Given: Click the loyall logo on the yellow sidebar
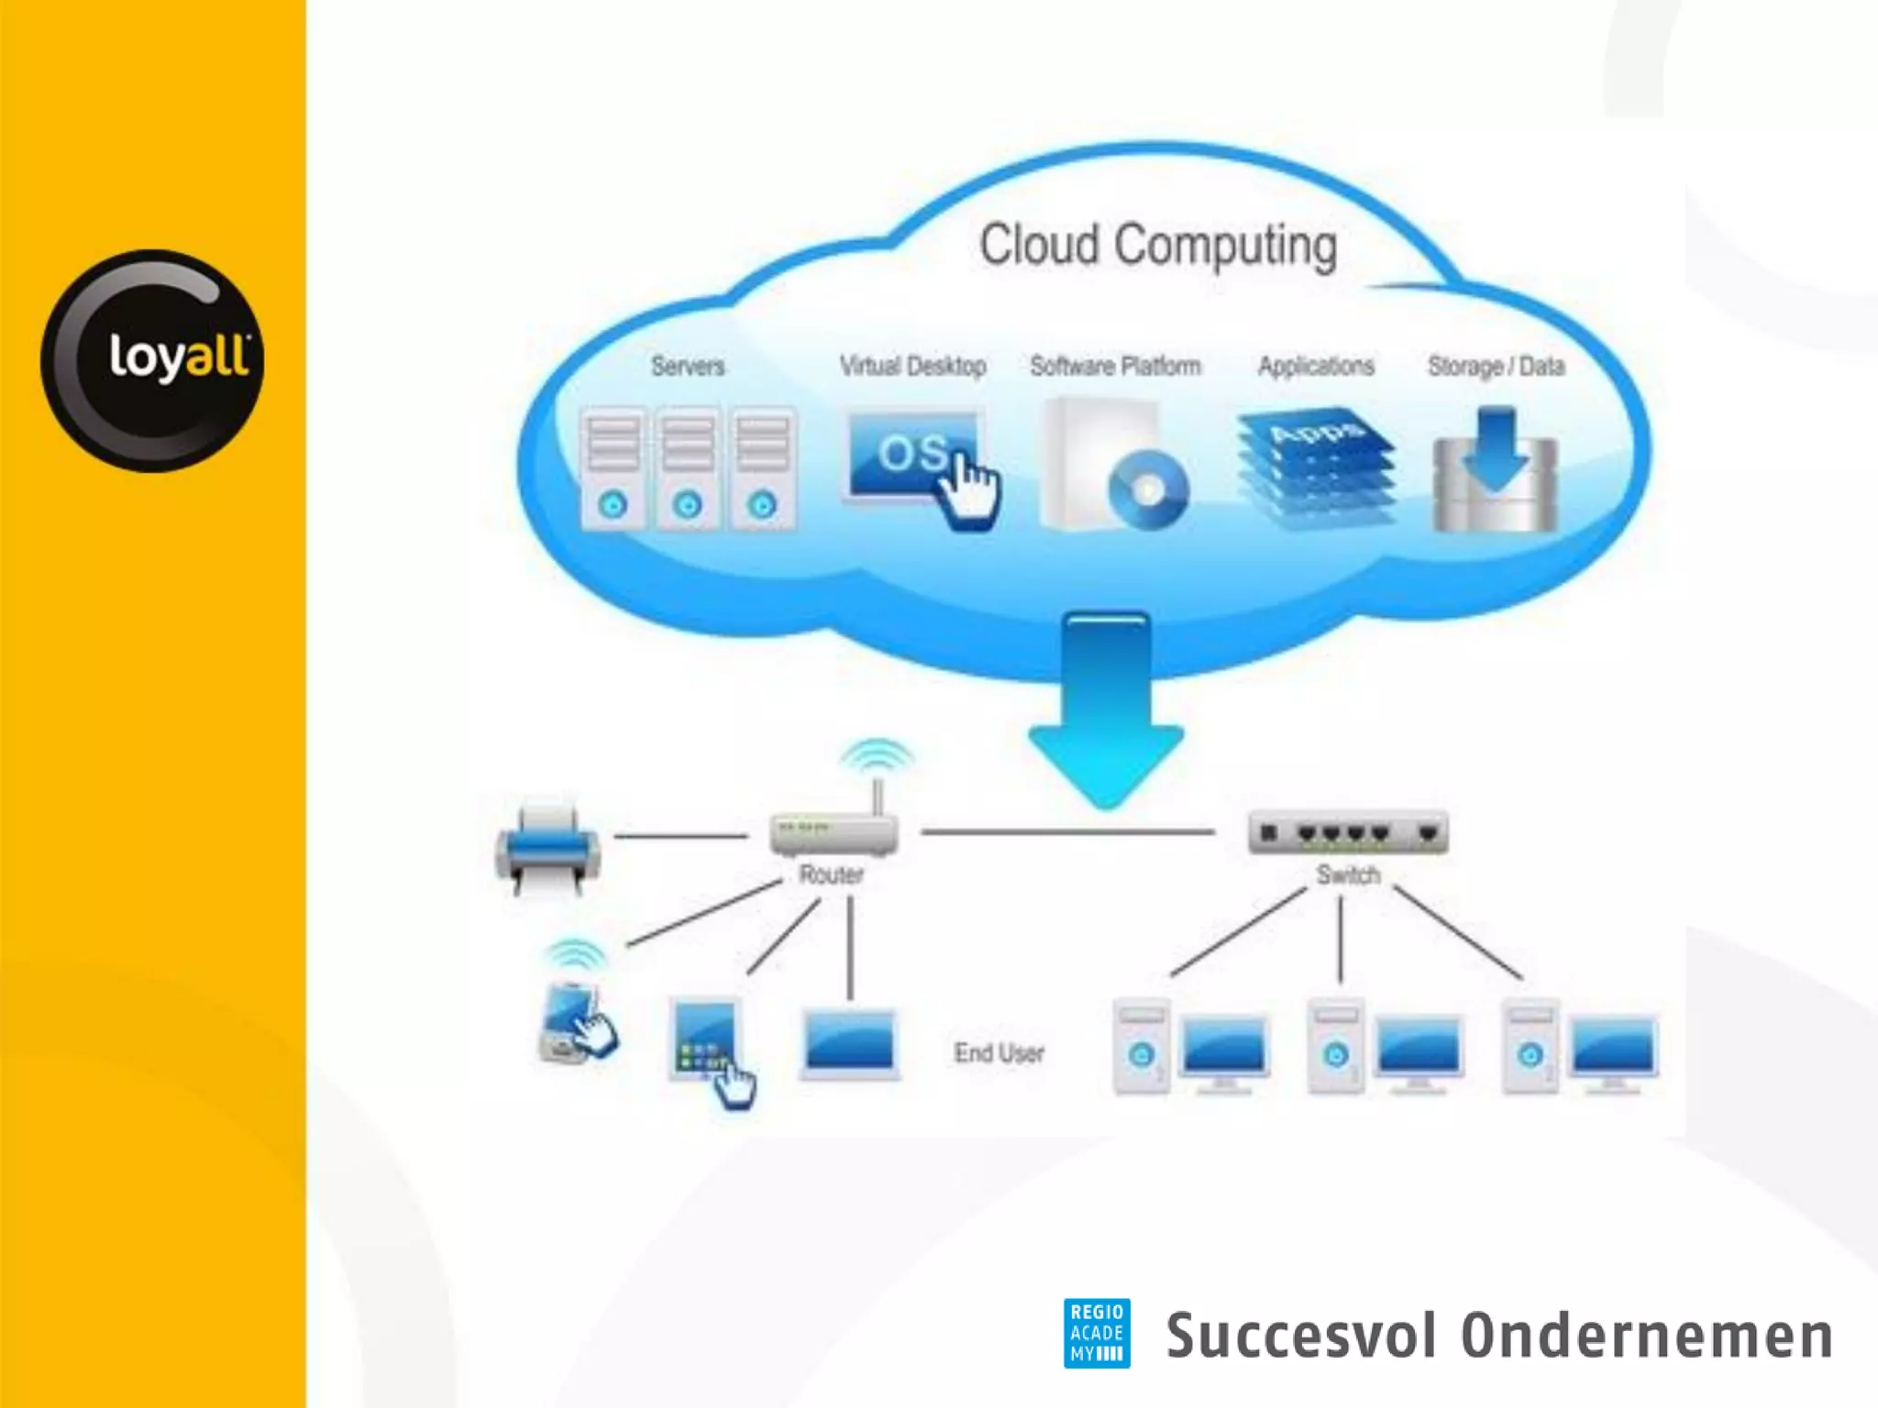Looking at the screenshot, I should point(152,360).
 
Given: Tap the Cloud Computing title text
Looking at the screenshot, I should point(1157,246).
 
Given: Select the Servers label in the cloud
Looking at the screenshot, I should point(688,367).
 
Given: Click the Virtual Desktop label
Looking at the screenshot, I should point(912,367).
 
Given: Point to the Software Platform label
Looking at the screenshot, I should point(1115,367).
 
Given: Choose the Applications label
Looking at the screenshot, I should point(1316,367).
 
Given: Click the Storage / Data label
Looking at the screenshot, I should point(1496,367).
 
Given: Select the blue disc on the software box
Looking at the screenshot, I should point(1147,490).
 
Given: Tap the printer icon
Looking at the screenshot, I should point(547,849).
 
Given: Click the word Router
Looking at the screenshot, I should point(831,874).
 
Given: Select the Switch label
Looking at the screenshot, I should point(1348,874).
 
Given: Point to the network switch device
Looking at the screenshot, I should point(1348,832).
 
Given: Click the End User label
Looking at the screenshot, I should point(999,1053).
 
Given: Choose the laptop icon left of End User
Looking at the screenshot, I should point(849,1044).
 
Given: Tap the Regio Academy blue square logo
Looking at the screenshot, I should point(1097,1333).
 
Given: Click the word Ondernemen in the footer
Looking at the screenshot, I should point(1646,1336).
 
